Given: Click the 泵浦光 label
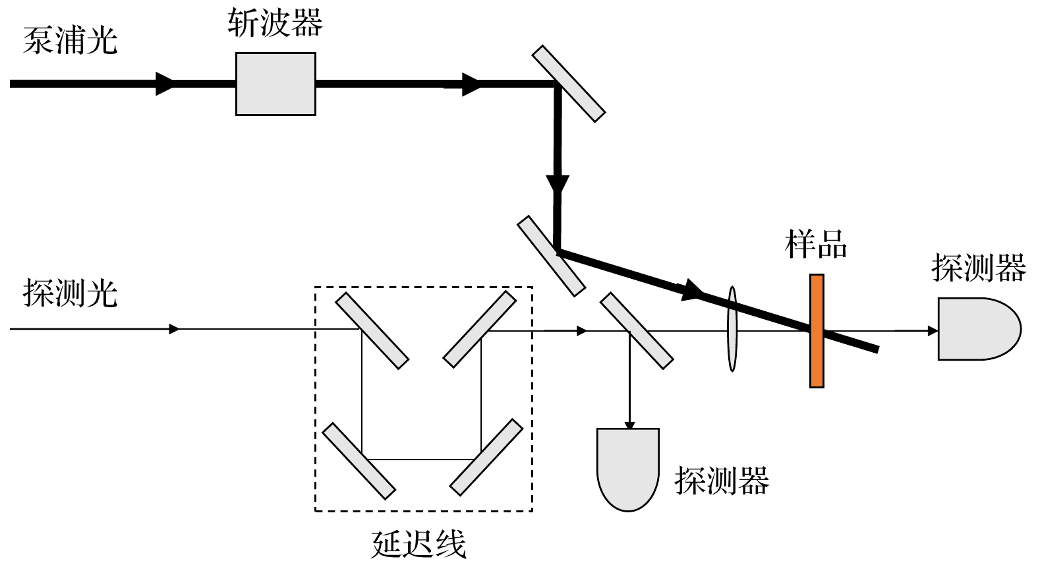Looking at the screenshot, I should (x=70, y=41).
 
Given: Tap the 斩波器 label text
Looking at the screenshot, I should (x=275, y=24).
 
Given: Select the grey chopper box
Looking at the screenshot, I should (x=275, y=84).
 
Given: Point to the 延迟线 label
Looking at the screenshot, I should (x=419, y=545).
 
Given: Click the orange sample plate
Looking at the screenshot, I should (x=817, y=331).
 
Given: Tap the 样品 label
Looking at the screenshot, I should (x=816, y=243).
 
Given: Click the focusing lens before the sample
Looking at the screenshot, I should (x=732, y=328).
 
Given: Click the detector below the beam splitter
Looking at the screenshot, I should (x=628, y=467).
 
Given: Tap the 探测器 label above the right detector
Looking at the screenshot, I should (x=979, y=268).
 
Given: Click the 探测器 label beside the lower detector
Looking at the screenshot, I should (x=722, y=481).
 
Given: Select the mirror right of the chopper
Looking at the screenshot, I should (x=568, y=84).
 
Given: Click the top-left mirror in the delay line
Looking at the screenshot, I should (x=372, y=330).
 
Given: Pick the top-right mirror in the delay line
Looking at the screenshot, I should (x=480, y=329).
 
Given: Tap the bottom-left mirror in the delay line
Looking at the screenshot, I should (x=359, y=460).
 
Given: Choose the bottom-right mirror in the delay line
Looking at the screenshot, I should (x=486, y=456).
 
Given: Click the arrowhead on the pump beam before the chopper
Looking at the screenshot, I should (x=164, y=84).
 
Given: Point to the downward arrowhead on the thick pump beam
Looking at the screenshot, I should (x=558, y=184).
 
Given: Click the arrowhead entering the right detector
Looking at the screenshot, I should (x=933, y=331).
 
